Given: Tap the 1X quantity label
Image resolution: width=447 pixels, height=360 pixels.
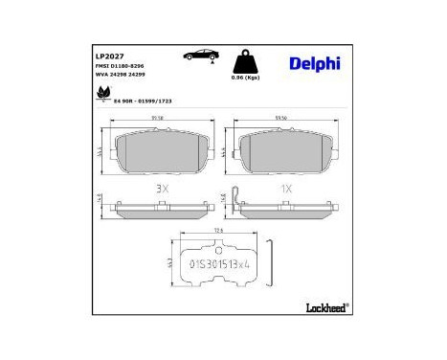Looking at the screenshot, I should click(284, 190).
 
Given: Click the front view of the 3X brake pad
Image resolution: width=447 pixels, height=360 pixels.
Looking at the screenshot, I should click(159, 153).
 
